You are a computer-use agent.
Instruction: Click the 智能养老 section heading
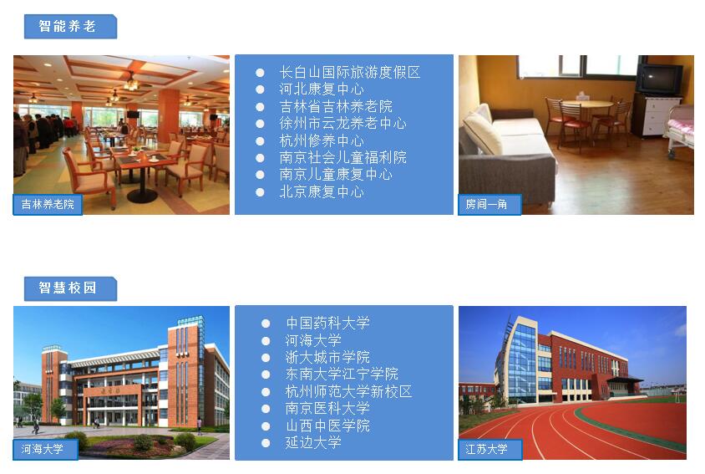(67, 26)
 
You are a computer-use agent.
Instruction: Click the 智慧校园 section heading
(67, 288)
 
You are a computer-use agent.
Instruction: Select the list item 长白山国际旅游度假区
(350, 72)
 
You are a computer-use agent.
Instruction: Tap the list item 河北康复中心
(322, 89)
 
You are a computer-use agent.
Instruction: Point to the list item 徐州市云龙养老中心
(342, 124)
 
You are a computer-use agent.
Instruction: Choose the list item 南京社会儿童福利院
(342, 157)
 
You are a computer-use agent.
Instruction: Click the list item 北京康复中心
(322, 191)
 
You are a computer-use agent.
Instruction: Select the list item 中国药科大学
(327, 323)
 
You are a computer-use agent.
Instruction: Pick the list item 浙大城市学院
(327, 357)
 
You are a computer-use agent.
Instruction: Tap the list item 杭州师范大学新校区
(348, 391)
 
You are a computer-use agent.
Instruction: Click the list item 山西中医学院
(327, 426)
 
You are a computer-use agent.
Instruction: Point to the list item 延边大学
(313, 442)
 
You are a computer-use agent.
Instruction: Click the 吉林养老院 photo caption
(48, 204)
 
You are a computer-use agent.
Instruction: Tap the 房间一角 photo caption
(486, 204)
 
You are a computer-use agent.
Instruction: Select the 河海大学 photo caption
(43, 449)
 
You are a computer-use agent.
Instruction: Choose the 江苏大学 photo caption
(486, 449)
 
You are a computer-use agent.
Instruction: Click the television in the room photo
(659, 79)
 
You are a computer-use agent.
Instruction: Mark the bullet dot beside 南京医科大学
(266, 409)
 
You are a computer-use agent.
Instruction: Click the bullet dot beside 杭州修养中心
(260, 141)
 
